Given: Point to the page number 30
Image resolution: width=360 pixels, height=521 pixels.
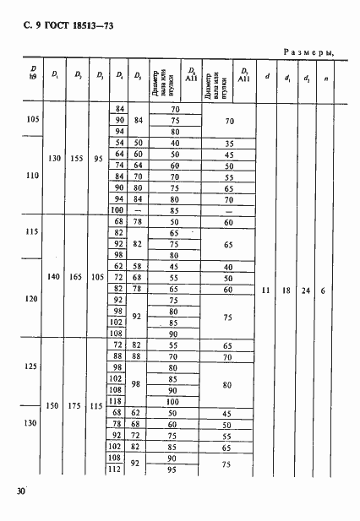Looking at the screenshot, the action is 19,491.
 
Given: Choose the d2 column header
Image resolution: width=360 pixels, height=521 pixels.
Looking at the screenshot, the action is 306,79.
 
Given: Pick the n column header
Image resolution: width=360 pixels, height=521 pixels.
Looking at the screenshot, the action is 326,79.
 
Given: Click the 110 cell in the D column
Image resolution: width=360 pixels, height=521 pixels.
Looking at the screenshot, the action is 33,177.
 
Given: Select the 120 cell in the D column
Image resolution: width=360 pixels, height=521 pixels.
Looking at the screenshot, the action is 33,299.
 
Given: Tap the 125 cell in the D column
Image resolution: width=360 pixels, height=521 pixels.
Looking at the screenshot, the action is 33,366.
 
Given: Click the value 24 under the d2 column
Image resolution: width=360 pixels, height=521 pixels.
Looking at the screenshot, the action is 305,290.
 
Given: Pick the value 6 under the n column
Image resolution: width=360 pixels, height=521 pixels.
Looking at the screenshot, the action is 326,290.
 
